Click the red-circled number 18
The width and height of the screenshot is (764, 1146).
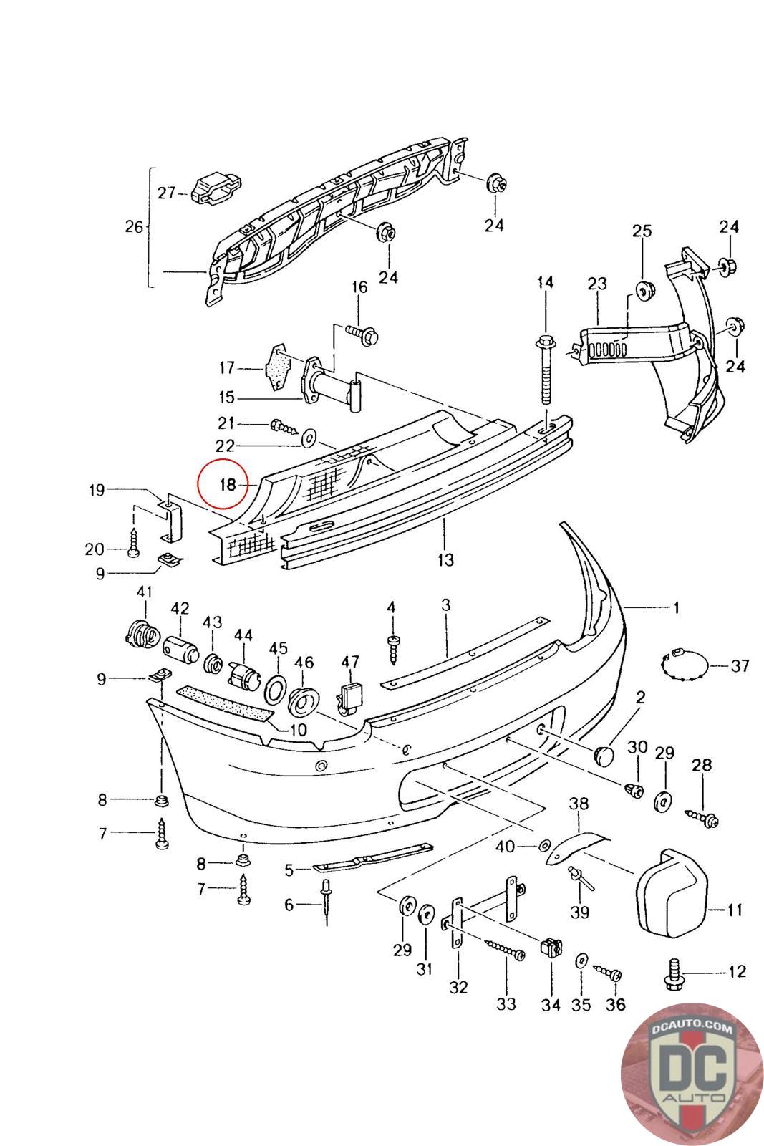point(228,485)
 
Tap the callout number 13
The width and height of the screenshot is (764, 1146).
point(445,559)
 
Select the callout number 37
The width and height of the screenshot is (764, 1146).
point(740,666)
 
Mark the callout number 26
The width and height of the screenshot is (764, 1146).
point(134,227)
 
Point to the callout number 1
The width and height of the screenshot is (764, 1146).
point(676,608)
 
